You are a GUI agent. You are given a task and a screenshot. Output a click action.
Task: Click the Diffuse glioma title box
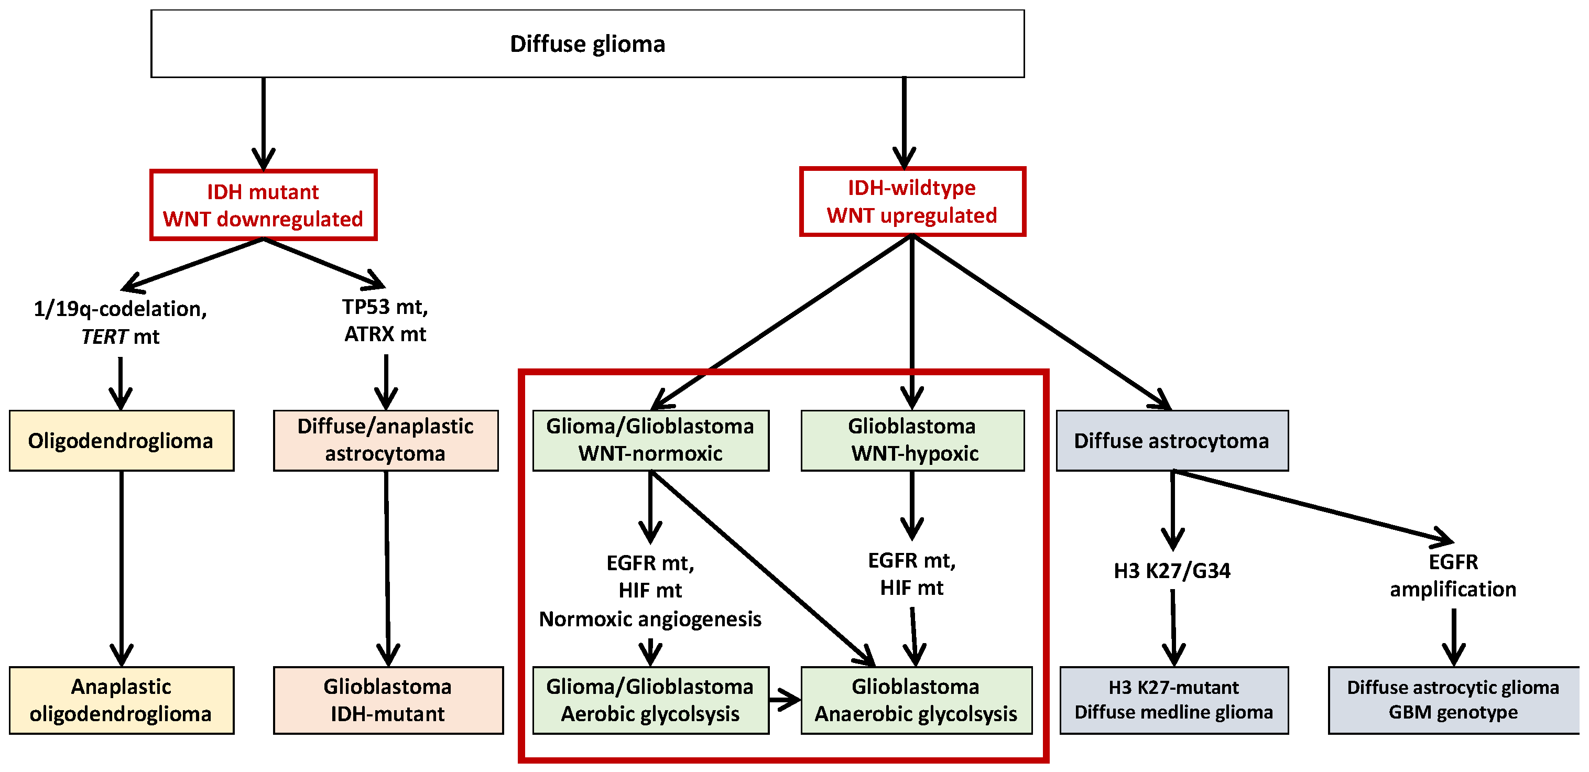pyautogui.click(x=587, y=44)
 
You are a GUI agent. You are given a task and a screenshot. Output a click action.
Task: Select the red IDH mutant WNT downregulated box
pyautogui.click(x=264, y=205)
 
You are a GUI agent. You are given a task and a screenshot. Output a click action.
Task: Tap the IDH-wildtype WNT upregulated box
pyautogui.click(x=912, y=201)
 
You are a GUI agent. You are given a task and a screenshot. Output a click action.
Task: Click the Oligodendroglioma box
pyautogui.click(x=121, y=441)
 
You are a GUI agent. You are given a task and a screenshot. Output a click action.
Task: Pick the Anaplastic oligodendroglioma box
pyautogui.click(x=121, y=700)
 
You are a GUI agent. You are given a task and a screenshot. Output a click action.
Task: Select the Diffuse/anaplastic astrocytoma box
pyautogui.click(x=386, y=440)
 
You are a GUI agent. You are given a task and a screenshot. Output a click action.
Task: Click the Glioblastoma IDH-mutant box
pyautogui.click(x=388, y=700)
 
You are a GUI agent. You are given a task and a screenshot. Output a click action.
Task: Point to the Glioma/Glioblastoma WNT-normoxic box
pyautogui.click(x=650, y=440)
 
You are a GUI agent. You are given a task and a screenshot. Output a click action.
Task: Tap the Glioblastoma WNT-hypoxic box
pyautogui.click(x=912, y=440)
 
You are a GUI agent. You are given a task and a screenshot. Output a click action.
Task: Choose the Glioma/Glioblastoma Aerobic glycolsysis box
pyautogui.click(x=650, y=700)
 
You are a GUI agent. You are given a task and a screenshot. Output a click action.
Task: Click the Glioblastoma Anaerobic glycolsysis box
pyautogui.click(x=916, y=700)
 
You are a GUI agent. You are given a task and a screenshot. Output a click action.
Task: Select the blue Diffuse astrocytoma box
pyautogui.click(x=1171, y=441)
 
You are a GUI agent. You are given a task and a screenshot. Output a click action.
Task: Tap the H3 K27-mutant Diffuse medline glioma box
pyautogui.click(x=1173, y=700)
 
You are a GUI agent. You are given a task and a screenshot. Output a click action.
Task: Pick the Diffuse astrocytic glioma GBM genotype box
pyautogui.click(x=1453, y=700)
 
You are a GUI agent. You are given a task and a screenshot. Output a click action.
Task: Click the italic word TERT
pyautogui.click(x=104, y=337)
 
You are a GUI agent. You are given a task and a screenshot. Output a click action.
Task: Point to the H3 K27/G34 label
pyautogui.click(x=1171, y=571)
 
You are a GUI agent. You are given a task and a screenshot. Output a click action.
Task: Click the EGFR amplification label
pyautogui.click(x=1453, y=576)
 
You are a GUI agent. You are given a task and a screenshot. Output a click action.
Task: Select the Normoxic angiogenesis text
pyautogui.click(x=650, y=619)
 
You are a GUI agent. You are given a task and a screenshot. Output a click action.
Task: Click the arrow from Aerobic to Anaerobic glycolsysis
pyautogui.click(x=785, y=700)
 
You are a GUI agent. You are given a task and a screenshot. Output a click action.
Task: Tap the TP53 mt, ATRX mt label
pyautogui.click(x=386, y=320)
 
